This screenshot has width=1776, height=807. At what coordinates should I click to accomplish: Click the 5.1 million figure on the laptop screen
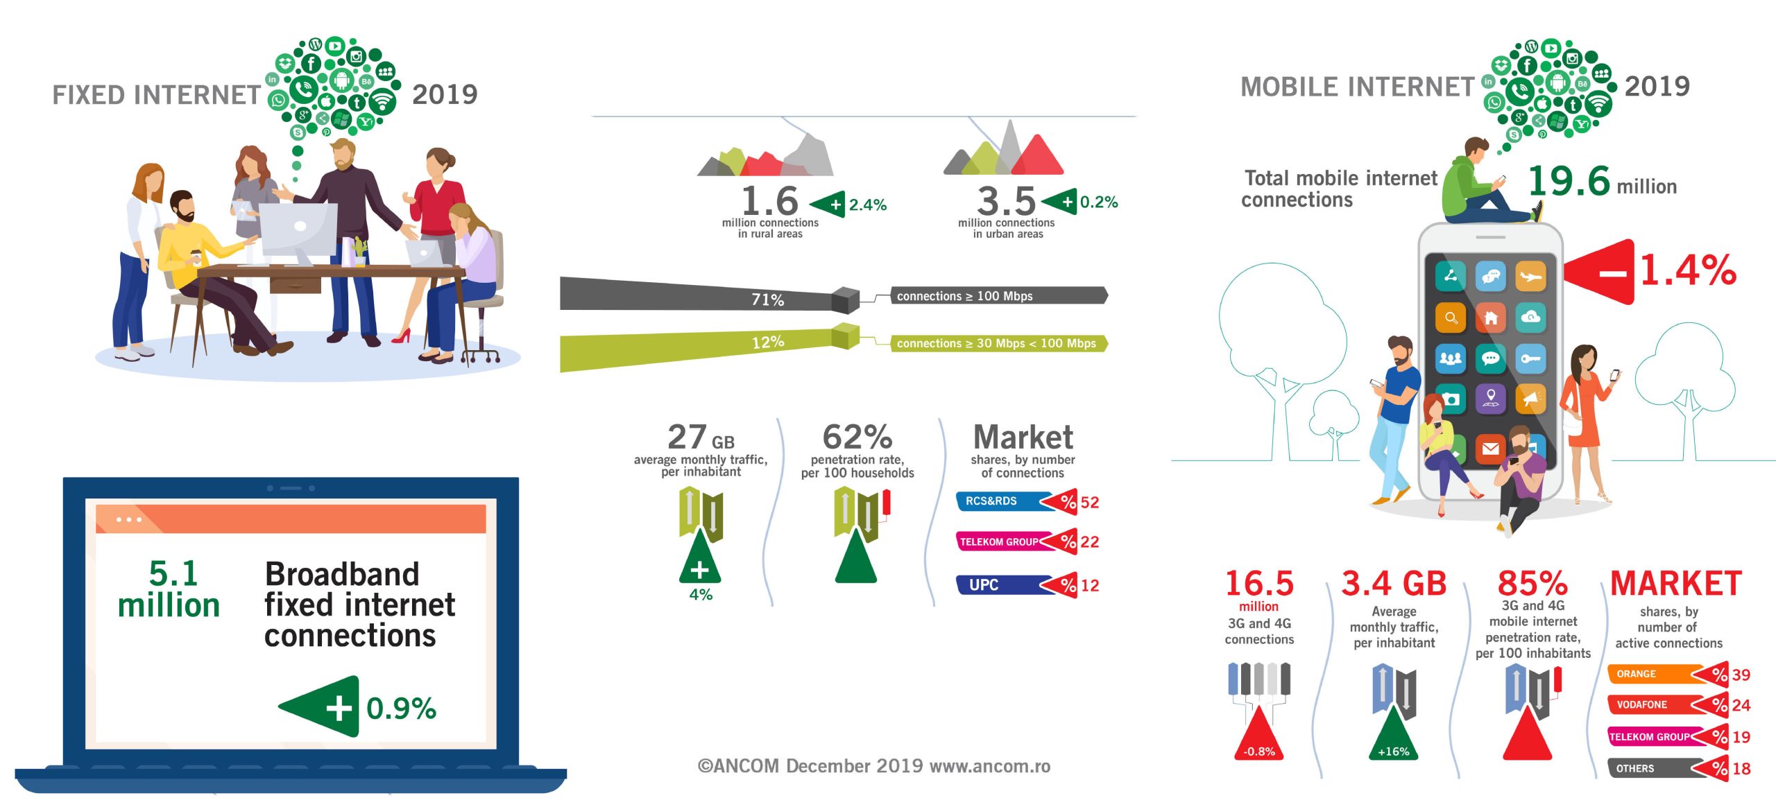tap(169, 589)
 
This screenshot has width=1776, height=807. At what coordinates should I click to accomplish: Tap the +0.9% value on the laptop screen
tap(401, 709)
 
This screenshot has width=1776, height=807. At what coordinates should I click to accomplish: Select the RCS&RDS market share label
tap(991, 501)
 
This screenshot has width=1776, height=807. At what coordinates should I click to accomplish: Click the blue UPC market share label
tap(984, 585)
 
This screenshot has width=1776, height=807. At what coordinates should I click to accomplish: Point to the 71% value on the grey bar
tap(768, 300)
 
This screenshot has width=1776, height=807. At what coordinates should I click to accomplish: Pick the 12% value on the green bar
tap(768, 342)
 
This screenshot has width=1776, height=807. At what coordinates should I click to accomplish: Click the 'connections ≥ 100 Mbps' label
tap(964, 296)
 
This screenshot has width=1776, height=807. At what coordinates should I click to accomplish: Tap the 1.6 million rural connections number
tap(770, 200)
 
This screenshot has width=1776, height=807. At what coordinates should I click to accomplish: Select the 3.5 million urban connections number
tap(1006, 201)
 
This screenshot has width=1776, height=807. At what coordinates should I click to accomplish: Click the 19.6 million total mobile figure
tap(1602, 182)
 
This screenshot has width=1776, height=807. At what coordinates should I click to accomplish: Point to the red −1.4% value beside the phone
tap(1688, 270)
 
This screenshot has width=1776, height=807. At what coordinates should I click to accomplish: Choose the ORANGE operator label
tap(1636, 674)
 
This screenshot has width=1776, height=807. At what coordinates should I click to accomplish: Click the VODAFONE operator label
tap(1641, 704)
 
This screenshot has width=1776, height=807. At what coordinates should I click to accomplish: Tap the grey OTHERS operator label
tap(1635, 768)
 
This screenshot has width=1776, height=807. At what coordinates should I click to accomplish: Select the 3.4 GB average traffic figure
tap(1394, 583)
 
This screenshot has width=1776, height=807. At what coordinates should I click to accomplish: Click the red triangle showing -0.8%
tap(1259, 735)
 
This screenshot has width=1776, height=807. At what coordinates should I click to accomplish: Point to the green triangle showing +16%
tap(1393, 735)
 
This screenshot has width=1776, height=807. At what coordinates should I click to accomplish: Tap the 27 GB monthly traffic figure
tap(701, 437)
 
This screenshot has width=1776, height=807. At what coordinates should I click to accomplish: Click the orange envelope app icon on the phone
tap(1490, 449)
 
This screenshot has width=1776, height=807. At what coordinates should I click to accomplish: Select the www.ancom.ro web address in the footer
tap(990, 766)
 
